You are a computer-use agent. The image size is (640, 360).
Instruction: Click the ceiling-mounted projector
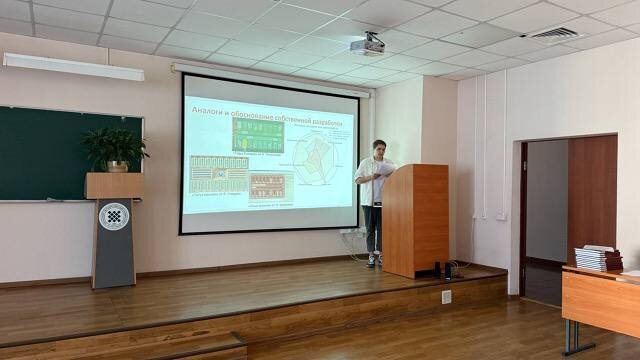pos(367,44)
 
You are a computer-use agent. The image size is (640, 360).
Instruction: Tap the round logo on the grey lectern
pos(113,216)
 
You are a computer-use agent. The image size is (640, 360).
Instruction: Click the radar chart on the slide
pos(312,160)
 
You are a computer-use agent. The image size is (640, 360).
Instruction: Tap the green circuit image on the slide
pos(258,135)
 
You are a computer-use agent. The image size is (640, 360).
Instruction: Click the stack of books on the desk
pos(598,257)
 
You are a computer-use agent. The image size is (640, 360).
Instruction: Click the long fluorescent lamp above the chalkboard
pos(73,66)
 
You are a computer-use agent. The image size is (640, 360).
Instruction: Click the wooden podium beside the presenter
pos(414,219)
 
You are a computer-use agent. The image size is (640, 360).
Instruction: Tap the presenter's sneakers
pos(373,260)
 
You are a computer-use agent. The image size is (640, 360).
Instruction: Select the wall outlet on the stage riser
pos(446,296)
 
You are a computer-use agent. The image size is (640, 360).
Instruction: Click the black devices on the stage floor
pos(446,269)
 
